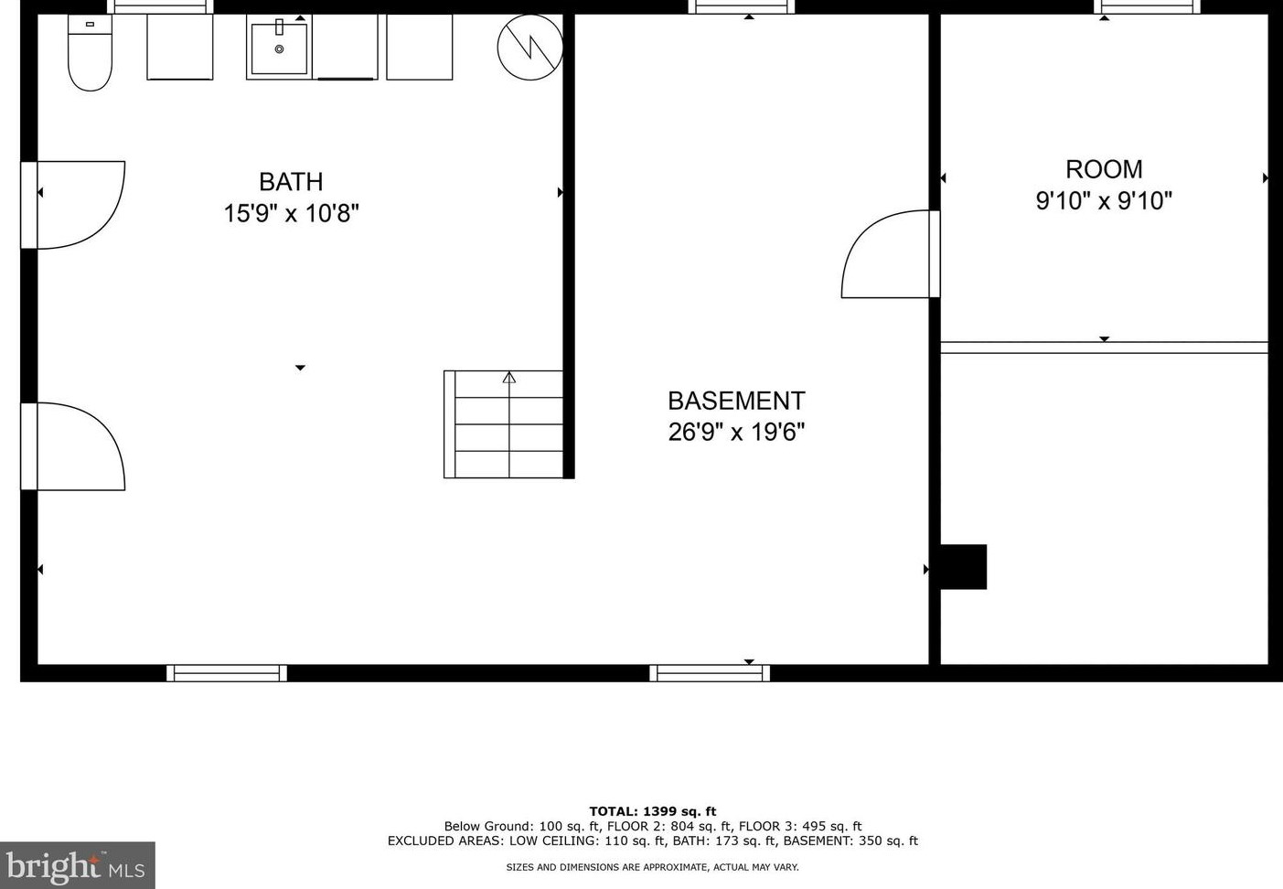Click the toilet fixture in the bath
(90, 55)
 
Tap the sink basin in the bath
(279, 48)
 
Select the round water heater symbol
(529, 47)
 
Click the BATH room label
(291, 182)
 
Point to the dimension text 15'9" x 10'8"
(291, 214)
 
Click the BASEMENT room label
(736, 401)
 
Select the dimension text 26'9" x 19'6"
(736, 432)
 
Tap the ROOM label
(1104, 169)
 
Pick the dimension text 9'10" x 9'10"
(1104, 201)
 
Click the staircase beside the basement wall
(504, 424)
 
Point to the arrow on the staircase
(509, 377)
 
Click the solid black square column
(964, 567)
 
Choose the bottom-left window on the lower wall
(227, 673)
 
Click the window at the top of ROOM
(1147, 7)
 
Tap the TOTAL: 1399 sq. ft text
(652, 811)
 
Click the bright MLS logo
(77, 865)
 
